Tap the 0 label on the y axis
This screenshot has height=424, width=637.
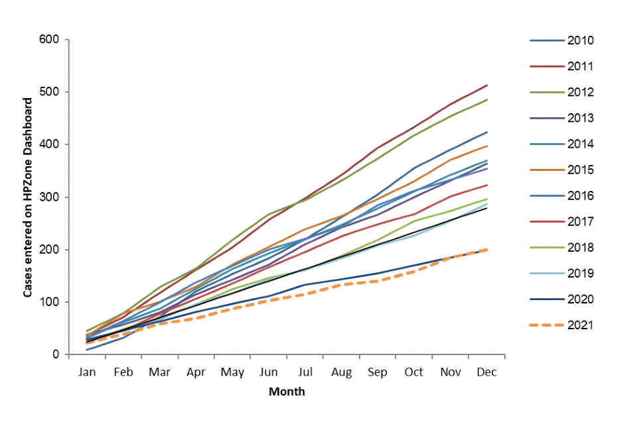(x=57, y=354)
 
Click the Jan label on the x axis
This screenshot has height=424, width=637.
(x=87, y=372)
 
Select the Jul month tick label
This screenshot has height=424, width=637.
(x=305, y=372)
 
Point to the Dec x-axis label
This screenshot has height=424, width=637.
(x=486, y=372)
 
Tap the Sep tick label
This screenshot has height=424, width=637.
(x=378, y=372)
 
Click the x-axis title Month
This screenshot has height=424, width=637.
(x=287, y=392)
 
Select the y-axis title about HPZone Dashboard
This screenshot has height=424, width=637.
(x=29, y=197)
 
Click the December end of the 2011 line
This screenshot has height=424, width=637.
(x=488, y=85)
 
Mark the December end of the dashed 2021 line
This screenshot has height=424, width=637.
(x=488, y=249)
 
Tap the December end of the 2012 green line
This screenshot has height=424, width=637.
(x=488, y=100)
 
